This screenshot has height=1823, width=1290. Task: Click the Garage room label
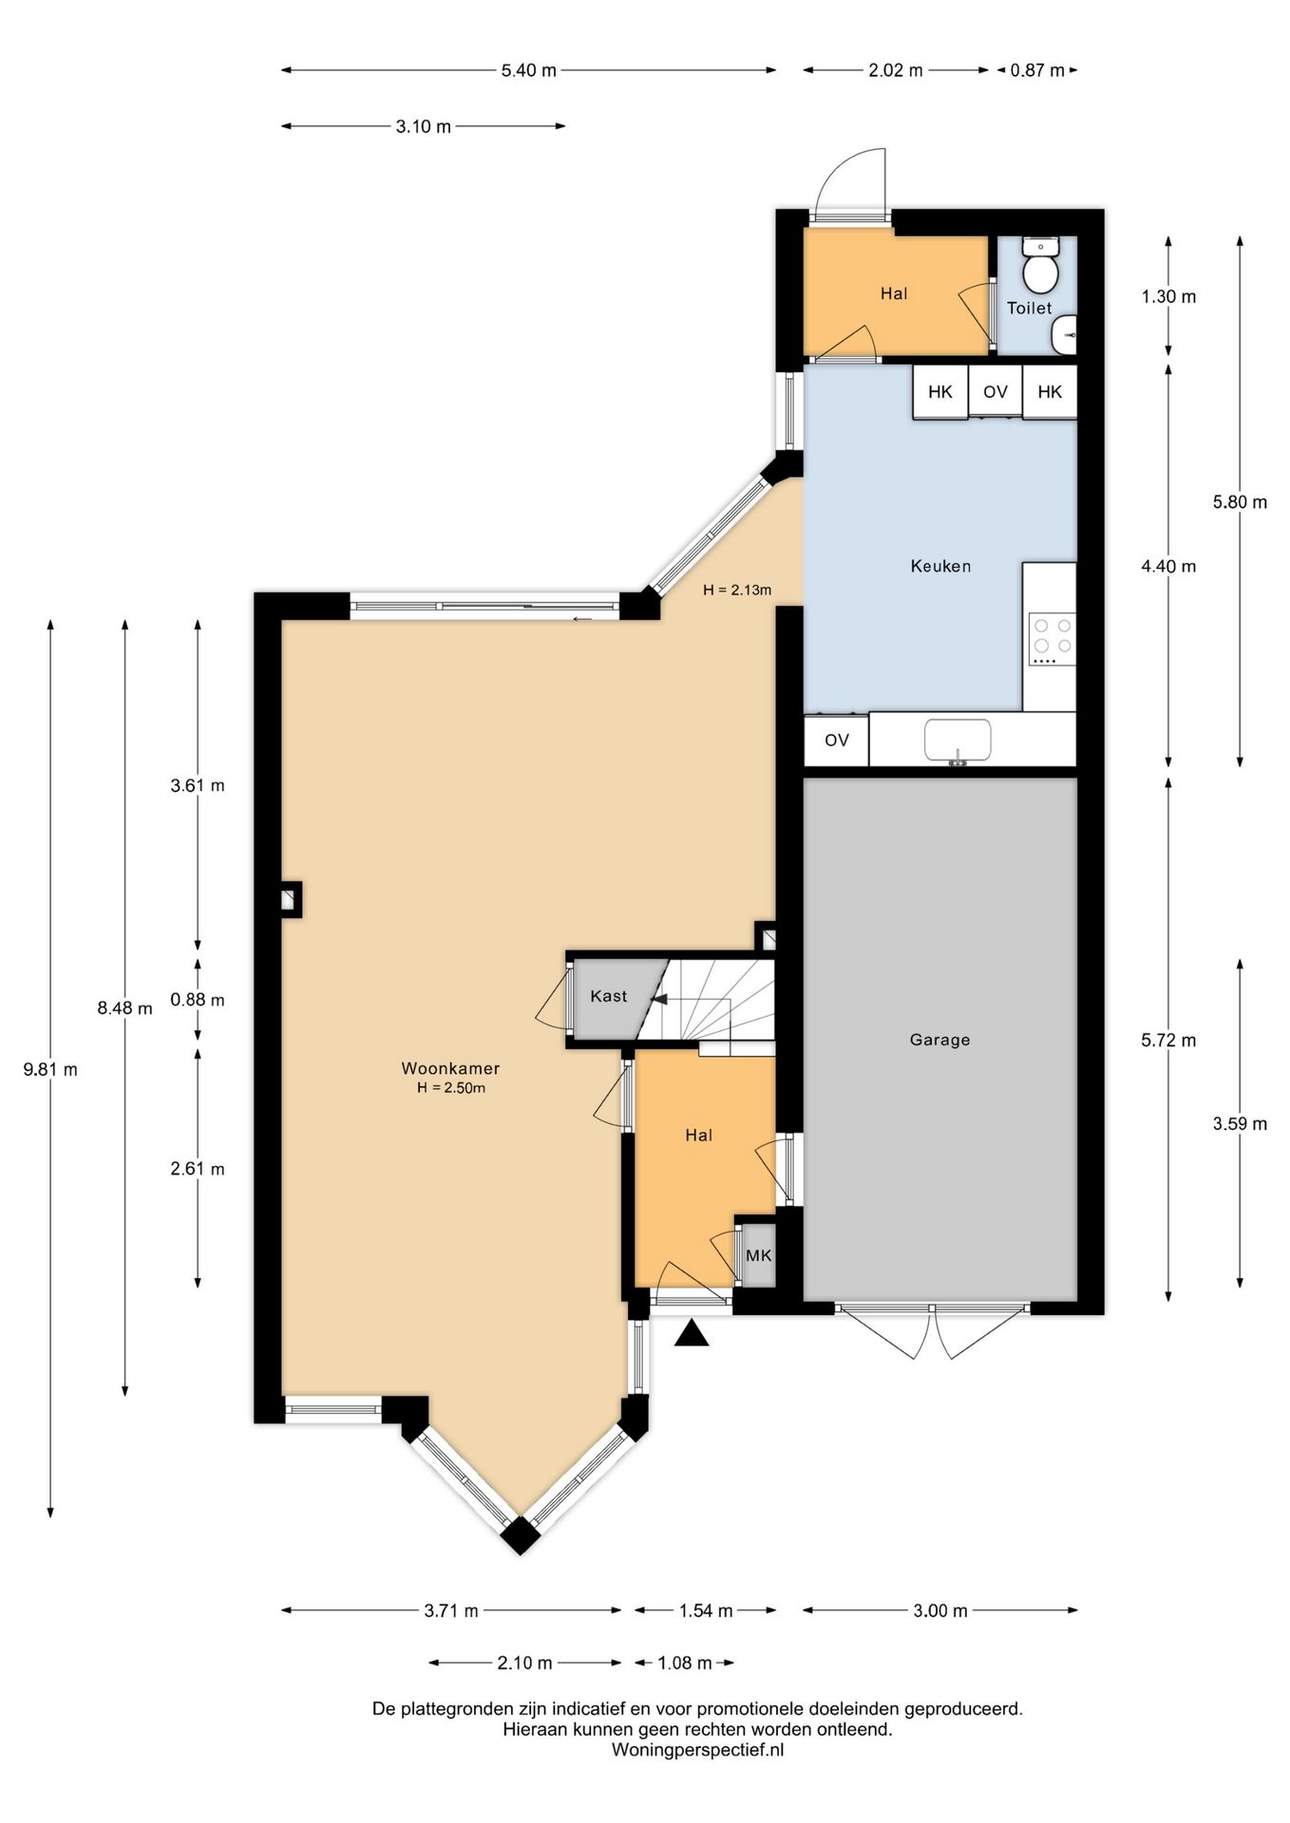click(939, 1040)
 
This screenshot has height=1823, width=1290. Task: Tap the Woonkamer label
click(450, 1068)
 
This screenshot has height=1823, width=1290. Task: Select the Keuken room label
click(940, 566)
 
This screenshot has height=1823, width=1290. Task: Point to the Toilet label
click(1030, 308)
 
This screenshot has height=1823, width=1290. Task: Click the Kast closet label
click(608, 996)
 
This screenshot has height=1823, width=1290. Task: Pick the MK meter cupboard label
click(759, 1255)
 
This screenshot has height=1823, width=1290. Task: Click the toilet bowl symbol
click(1041, 265)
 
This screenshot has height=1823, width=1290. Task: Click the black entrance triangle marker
click(692, 1333)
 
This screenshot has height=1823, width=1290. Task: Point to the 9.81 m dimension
click(50, 1069)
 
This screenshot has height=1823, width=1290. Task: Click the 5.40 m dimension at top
click(529, 70)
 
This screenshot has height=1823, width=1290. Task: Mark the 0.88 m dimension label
click(198, 1000)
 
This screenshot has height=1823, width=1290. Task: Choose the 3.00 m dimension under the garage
click(940, 1610)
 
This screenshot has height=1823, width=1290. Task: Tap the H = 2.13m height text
click(737, 590)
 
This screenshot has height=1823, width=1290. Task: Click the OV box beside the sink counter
click(836, 741)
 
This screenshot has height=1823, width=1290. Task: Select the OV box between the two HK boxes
click(996, 392)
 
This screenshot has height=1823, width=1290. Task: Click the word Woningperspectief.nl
click(698, 1750)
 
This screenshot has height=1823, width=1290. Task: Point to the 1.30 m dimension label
click(1168, 296)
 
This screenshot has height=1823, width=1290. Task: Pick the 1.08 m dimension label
click(685, 1663)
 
